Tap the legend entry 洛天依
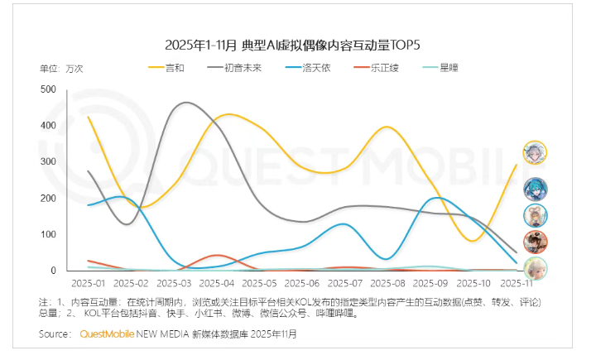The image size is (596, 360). pos(315,67)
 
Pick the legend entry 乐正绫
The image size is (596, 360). pos(385,67)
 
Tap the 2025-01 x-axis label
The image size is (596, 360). pos(89,283)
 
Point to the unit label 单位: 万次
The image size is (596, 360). pos(62,68)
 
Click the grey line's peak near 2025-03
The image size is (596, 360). pos(186,103)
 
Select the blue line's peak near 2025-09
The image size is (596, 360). pos(439,198)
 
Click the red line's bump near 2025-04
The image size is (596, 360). pos(217,255)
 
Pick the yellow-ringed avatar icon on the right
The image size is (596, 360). pos(535,152)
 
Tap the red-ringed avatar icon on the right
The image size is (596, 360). pos(535,242)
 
